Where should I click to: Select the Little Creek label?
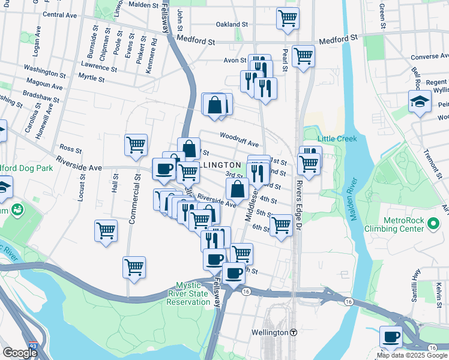[337, 139]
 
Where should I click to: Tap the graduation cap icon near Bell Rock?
[420, 101]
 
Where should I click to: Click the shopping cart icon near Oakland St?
[288, 17]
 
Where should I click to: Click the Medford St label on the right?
[338, 38]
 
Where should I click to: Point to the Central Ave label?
[61, 14]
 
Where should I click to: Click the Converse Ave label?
[429, 58]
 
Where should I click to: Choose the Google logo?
[19, 353]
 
